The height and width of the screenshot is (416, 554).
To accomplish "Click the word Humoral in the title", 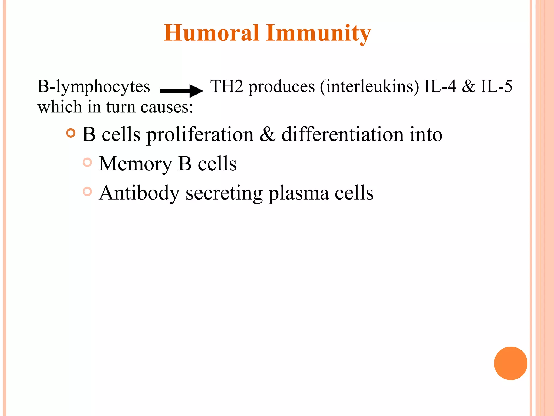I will (212, 33).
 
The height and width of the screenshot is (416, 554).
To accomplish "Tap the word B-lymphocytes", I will (94, 87).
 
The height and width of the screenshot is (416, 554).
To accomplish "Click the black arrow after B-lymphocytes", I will (181, 91).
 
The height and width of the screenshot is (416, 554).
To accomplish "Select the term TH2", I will (227, 86).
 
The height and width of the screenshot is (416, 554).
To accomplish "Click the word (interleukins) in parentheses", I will (370, 87).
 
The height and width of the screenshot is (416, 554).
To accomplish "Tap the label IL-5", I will (496, 86).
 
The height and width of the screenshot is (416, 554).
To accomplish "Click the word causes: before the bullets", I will (167, 107).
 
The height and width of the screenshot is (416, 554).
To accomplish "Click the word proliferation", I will (200, 135).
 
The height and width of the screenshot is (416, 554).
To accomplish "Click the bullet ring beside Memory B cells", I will (87, 162).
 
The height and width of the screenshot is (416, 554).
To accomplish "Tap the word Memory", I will (136, 164).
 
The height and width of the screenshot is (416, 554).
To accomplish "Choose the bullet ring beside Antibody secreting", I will (87, 191).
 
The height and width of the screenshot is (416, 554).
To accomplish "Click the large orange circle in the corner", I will (510, 363).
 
